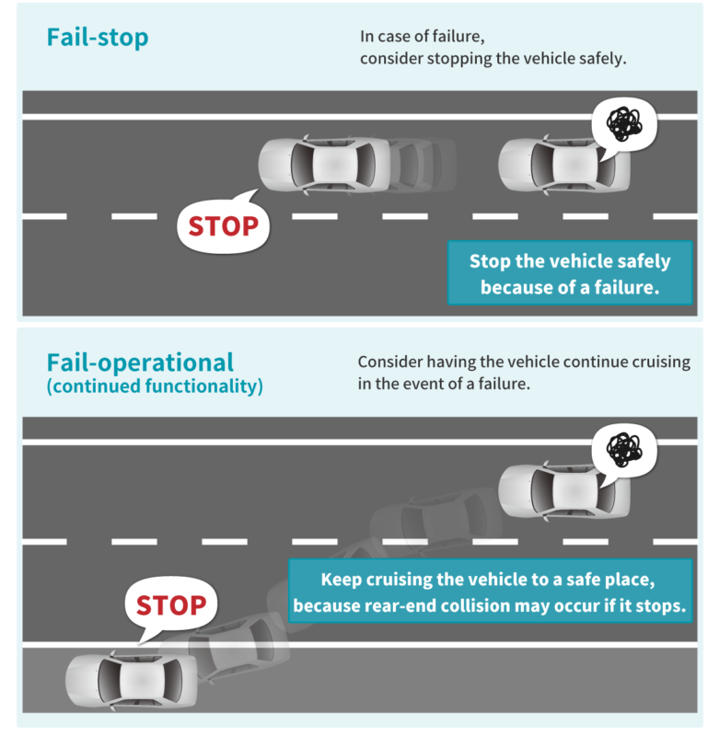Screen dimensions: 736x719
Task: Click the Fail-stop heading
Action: click(x=98, y=38)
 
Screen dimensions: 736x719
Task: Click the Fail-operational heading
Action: click(x=140, y=362)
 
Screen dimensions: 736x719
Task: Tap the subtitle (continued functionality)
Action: click(x=155, y=386)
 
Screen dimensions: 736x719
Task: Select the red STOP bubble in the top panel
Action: click(x=223, y=224)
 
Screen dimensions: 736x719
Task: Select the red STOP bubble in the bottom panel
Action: click(x=170, y=605)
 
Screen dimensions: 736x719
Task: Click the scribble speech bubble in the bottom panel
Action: click(x=624, y=450)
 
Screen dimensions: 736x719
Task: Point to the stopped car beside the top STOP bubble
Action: click(x=323, y=166)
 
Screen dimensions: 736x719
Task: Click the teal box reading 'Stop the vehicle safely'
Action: click(x=569, y=273)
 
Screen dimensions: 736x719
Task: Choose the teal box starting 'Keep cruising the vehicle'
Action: click(x=490, y=592)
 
